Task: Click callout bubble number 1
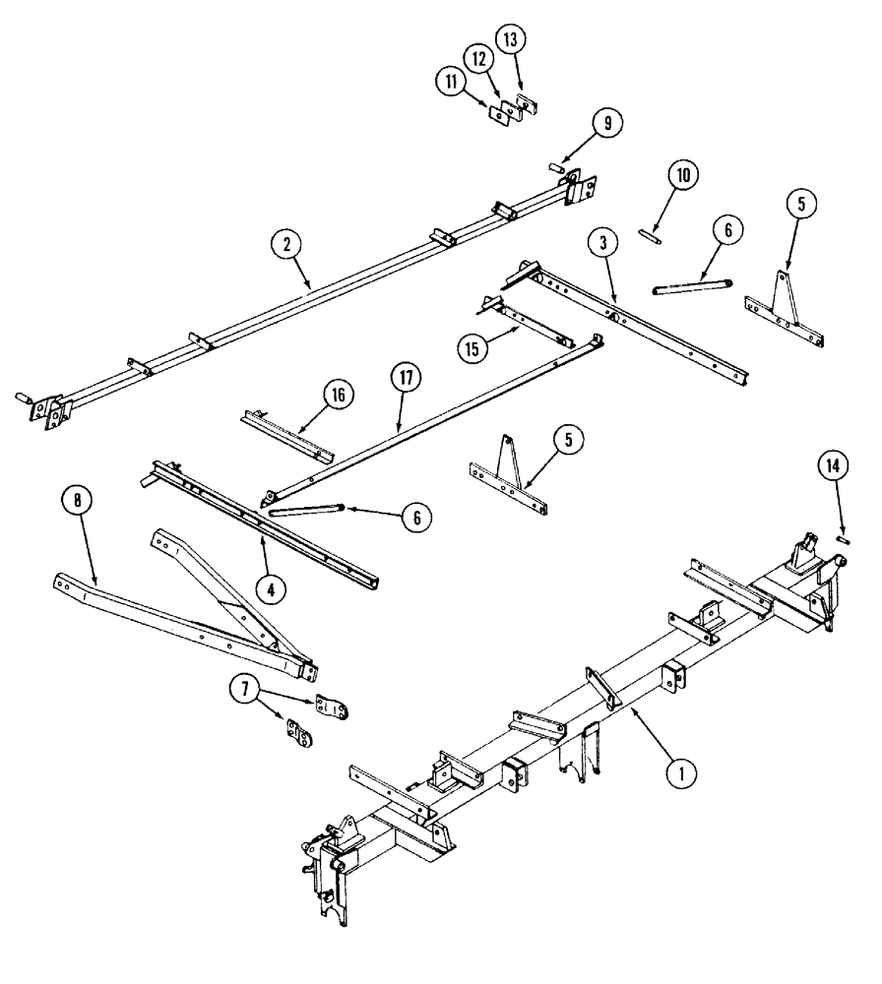point(678,774)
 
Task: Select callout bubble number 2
point(286,245)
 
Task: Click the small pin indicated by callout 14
point(842,536)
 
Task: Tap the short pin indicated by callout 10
point(649,234)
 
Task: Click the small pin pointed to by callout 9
point(556,167)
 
